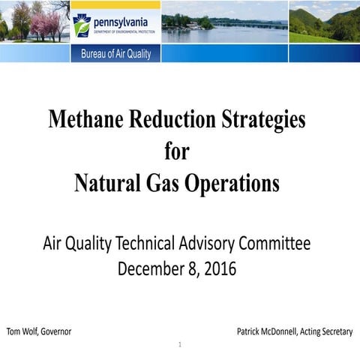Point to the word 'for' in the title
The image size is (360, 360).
[177, 152]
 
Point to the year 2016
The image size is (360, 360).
[219, 268]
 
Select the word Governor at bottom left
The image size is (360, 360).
[55, 331]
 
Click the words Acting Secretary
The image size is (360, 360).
[327, 331]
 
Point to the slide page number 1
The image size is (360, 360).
[180, 346]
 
